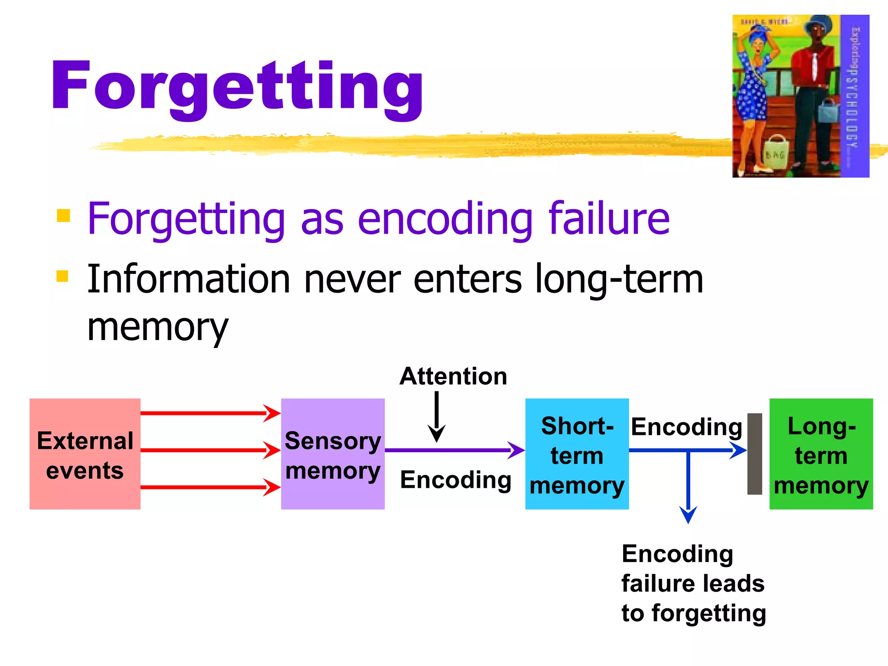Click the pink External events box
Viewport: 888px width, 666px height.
[x=85, y=454]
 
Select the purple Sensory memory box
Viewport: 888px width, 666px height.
[x=333, y=454]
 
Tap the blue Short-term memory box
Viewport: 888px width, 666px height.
[x=577, y=454]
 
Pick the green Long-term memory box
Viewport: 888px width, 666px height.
[x=821, y=454]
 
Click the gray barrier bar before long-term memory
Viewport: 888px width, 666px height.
[x=754, y=454]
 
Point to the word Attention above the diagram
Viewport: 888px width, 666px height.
[x=453, y=376]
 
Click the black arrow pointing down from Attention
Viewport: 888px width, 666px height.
[x=437, y=416]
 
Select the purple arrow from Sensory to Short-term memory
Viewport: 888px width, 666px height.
[x=451, y=450]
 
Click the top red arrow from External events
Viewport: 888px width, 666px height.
[x=208, y=413]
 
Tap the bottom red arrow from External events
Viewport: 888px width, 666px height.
[x=208, y=487]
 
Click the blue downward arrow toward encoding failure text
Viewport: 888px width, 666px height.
[x=688, y=486]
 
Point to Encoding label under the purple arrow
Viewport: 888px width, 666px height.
[x=455, y=480]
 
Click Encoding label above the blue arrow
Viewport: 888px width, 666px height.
[x=686, y=427]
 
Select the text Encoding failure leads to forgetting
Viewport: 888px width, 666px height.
[x=693, y=583]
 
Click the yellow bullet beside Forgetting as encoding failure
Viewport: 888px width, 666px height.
[x=63, y=215]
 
